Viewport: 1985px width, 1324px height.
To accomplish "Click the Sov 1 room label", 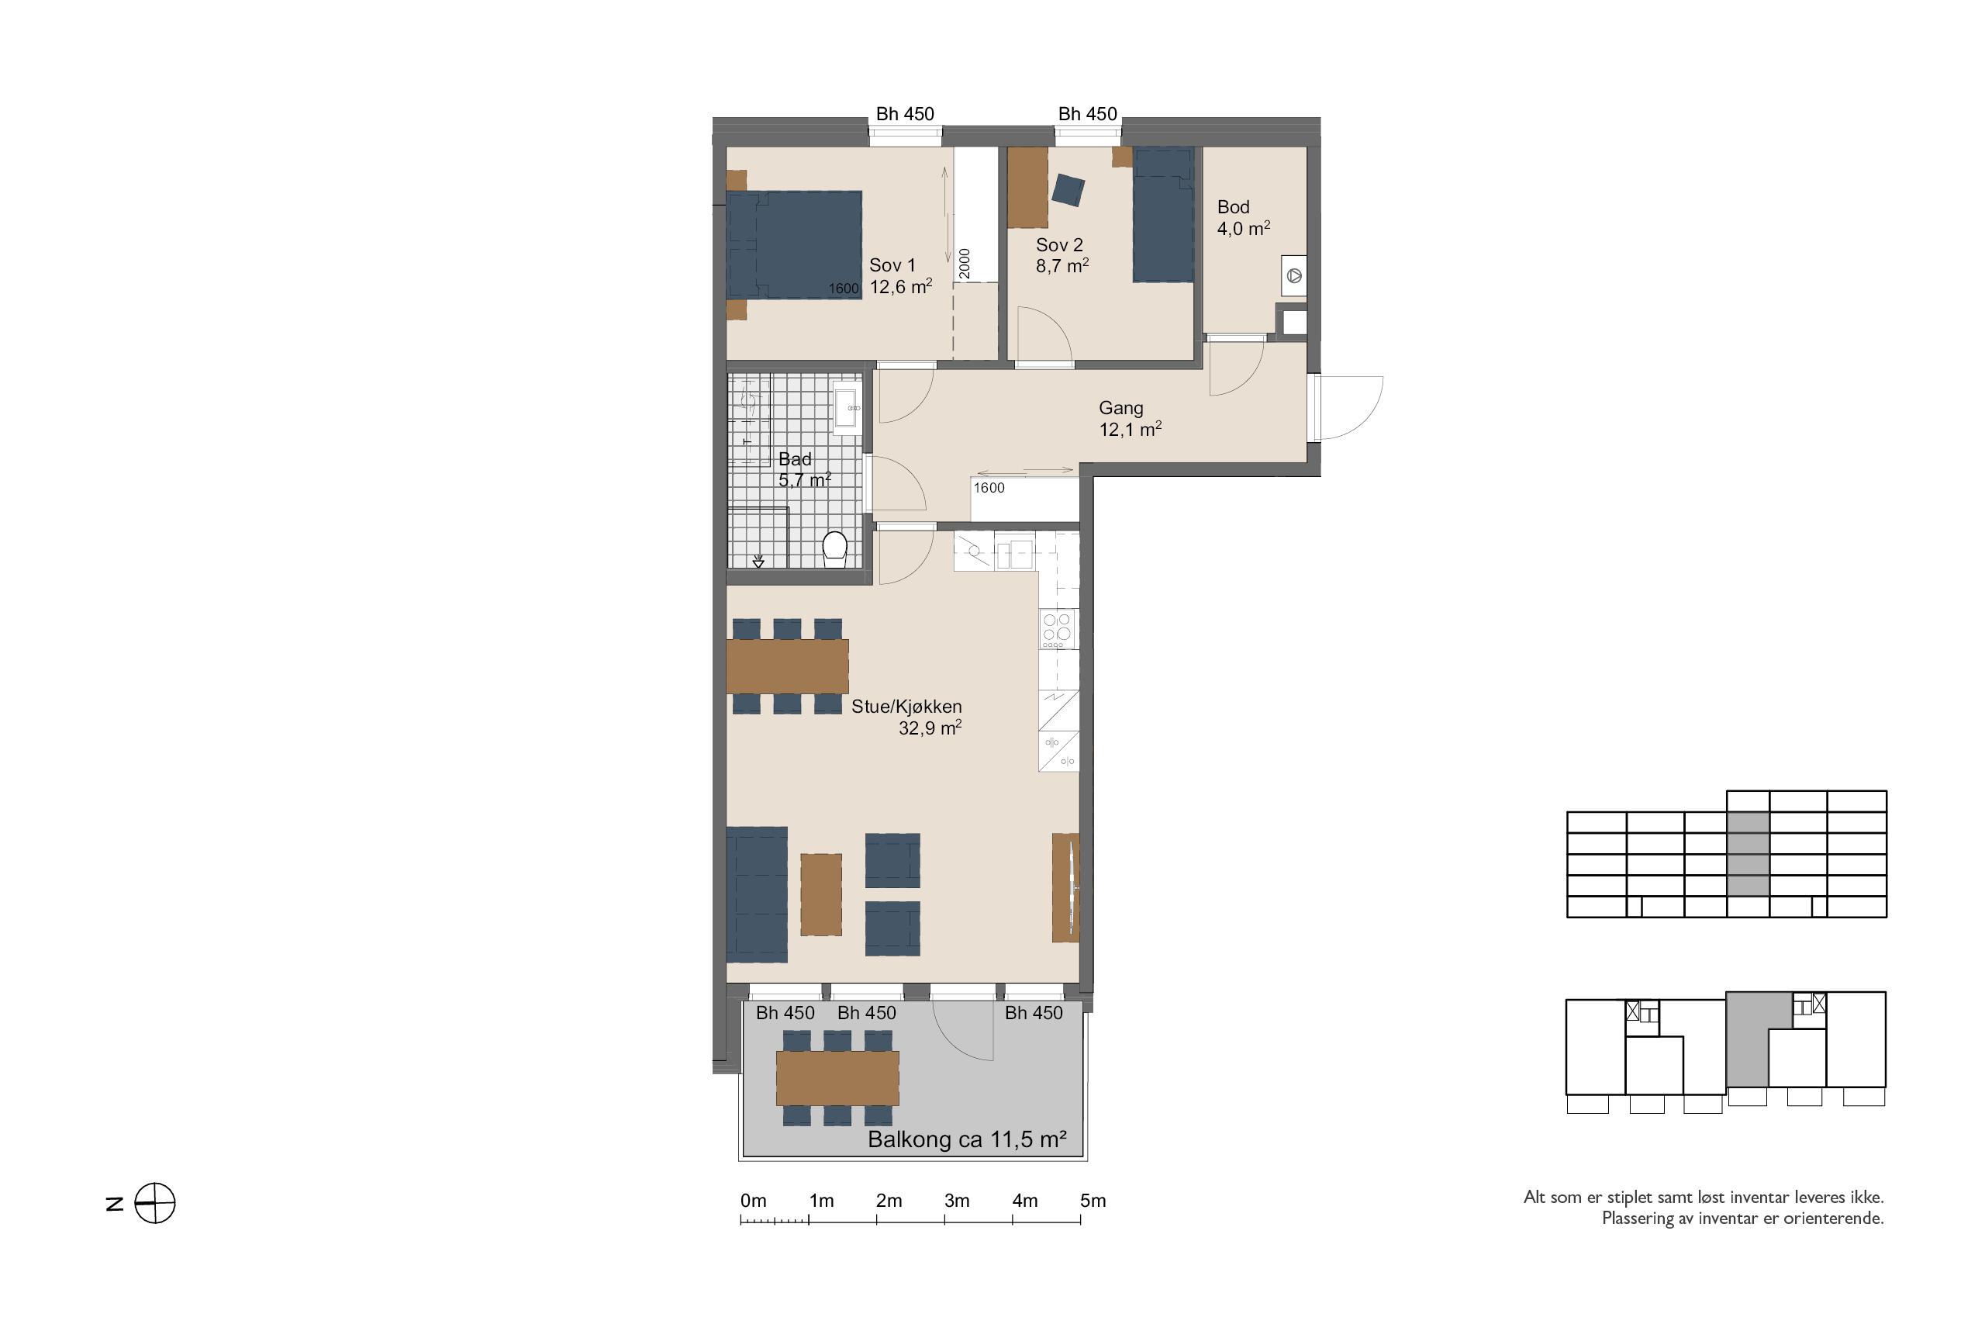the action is coord(900,276).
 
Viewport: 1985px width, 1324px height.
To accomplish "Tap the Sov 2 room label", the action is coord(1062,255).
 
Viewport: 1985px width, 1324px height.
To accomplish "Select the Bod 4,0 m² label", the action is coord(1243,218).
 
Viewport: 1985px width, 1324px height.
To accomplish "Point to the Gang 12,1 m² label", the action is coord(1129,419).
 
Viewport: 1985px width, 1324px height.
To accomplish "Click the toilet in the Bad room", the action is coord(834,549).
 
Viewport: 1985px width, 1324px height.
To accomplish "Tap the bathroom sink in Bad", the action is coord(847,407).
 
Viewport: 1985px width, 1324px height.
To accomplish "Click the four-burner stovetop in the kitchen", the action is coord(1058,629).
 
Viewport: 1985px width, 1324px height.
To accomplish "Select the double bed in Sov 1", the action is coord(794,245).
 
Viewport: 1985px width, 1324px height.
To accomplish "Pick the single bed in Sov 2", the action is coord(1163,216).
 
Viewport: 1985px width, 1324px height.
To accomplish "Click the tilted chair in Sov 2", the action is coord(1068,190).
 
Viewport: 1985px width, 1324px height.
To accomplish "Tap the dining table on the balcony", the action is coord(837,1077).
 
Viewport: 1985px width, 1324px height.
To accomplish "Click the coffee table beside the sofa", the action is coord(821,894).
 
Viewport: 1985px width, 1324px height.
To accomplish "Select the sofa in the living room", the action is coord(757,894).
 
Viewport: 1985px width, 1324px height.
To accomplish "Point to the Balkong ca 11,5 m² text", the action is coord(967,1140).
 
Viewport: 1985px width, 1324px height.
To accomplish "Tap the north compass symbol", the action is coord(155,1203).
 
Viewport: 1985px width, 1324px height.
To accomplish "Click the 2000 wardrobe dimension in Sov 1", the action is coord(965,264).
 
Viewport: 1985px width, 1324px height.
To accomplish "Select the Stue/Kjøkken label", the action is coord(906,707).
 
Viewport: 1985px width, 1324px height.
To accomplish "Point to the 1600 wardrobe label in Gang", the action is coord(989,488).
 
